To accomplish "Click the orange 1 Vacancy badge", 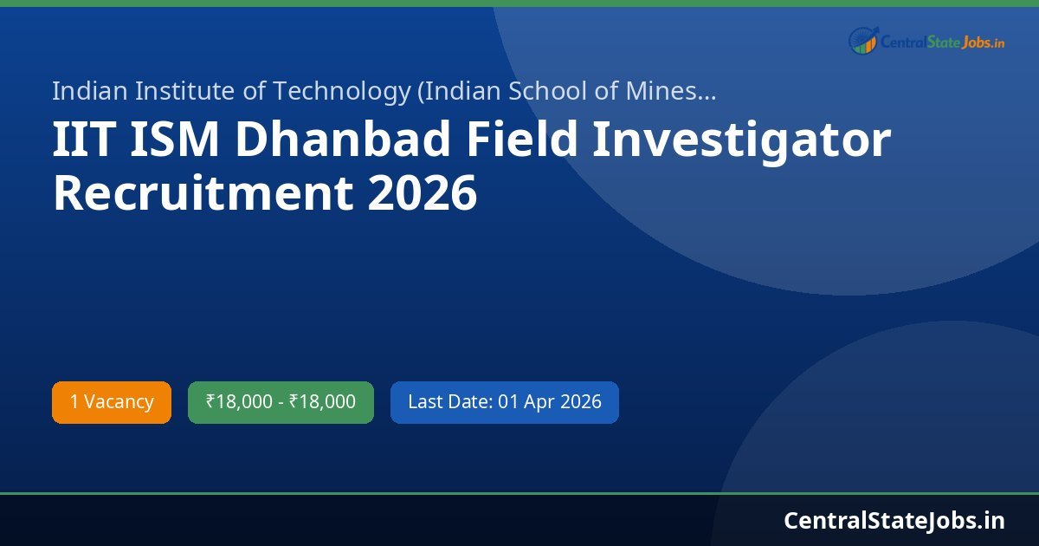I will click(x=112, y=402).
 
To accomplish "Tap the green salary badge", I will click(x=281, y=402).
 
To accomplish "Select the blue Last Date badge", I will click(x=504, y=402).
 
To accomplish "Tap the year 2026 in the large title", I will click(x=422, y=193).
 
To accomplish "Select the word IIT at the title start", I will click(x=83, y=140).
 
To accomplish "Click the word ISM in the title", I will click(x=176, y=140).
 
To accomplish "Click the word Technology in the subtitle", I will click(x=342, y=90).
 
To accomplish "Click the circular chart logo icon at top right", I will click(x=863, y=41).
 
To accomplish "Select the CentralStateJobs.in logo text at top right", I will click(x=942, y=42).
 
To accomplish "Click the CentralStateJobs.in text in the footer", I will click(x=894, y=520).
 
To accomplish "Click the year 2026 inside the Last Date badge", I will click(x=581, y=402).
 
